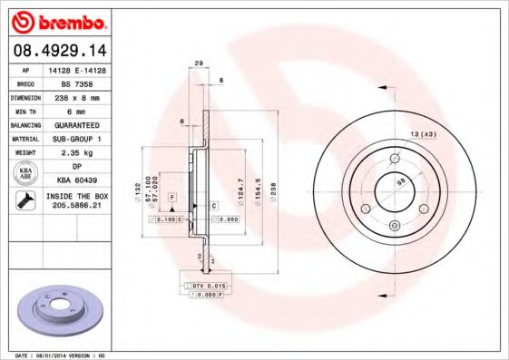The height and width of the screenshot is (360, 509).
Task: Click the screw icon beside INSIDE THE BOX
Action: tap(22, 201)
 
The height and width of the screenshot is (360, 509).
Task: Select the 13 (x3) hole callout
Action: tap(424, 134)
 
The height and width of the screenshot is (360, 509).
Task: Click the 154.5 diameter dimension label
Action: tap(258, 191)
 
